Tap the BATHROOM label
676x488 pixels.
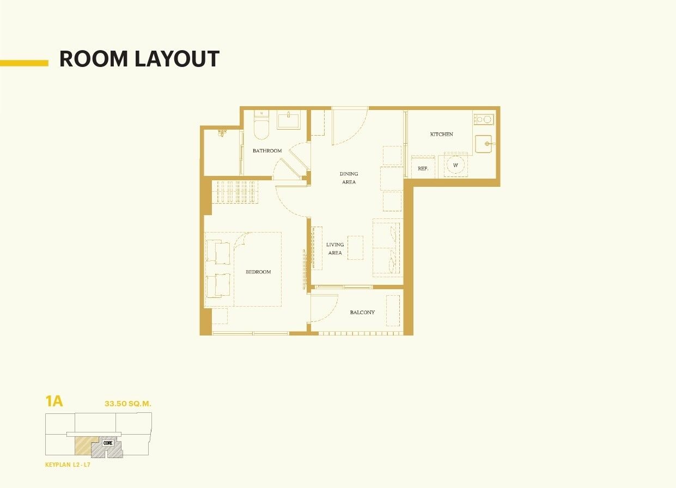(267, 151)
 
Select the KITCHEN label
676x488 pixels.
(442, 134)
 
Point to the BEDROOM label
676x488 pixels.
(258, 272)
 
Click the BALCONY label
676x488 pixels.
(362, 312)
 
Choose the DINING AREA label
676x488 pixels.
(349, 178)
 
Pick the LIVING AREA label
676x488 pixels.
(335, 248)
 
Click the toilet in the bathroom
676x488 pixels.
(261, 125)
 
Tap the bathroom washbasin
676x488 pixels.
(289, 121)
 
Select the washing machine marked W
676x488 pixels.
(455, 165)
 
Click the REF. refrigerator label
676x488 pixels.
(423, 169)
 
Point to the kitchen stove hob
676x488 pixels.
(484, 119)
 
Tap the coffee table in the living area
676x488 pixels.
(355, 248)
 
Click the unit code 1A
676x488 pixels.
(54, 401)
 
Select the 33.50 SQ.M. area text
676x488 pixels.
(127, 404)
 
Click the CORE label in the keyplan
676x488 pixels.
(108, 443)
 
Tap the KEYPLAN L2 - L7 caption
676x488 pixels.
(68, 465)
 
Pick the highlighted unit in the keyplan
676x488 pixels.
(86, 446)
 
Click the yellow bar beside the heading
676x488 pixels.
(24, 63)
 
